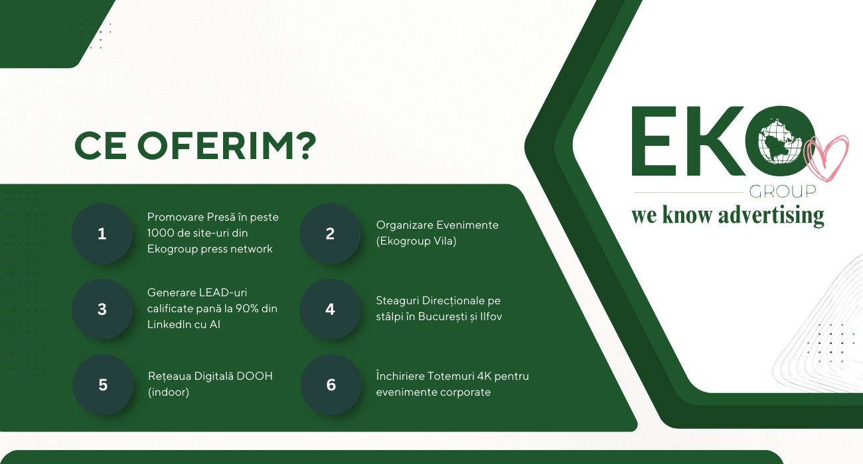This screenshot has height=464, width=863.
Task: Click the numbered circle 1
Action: tap(102, 234)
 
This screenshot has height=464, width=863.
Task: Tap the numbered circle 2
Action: tap(331, 234)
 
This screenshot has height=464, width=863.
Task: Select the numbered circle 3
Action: tap(102, 310)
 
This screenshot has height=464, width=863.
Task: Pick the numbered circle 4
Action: tap(331, 310)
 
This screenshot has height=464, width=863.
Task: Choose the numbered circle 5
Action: tap(103, 385)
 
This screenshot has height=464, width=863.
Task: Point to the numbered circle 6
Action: tap(331, 385)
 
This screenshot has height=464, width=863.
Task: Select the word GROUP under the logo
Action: tap(782, 192)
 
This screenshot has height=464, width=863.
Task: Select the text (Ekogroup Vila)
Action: tap(416, 241)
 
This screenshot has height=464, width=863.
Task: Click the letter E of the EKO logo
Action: tap(653, 141)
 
